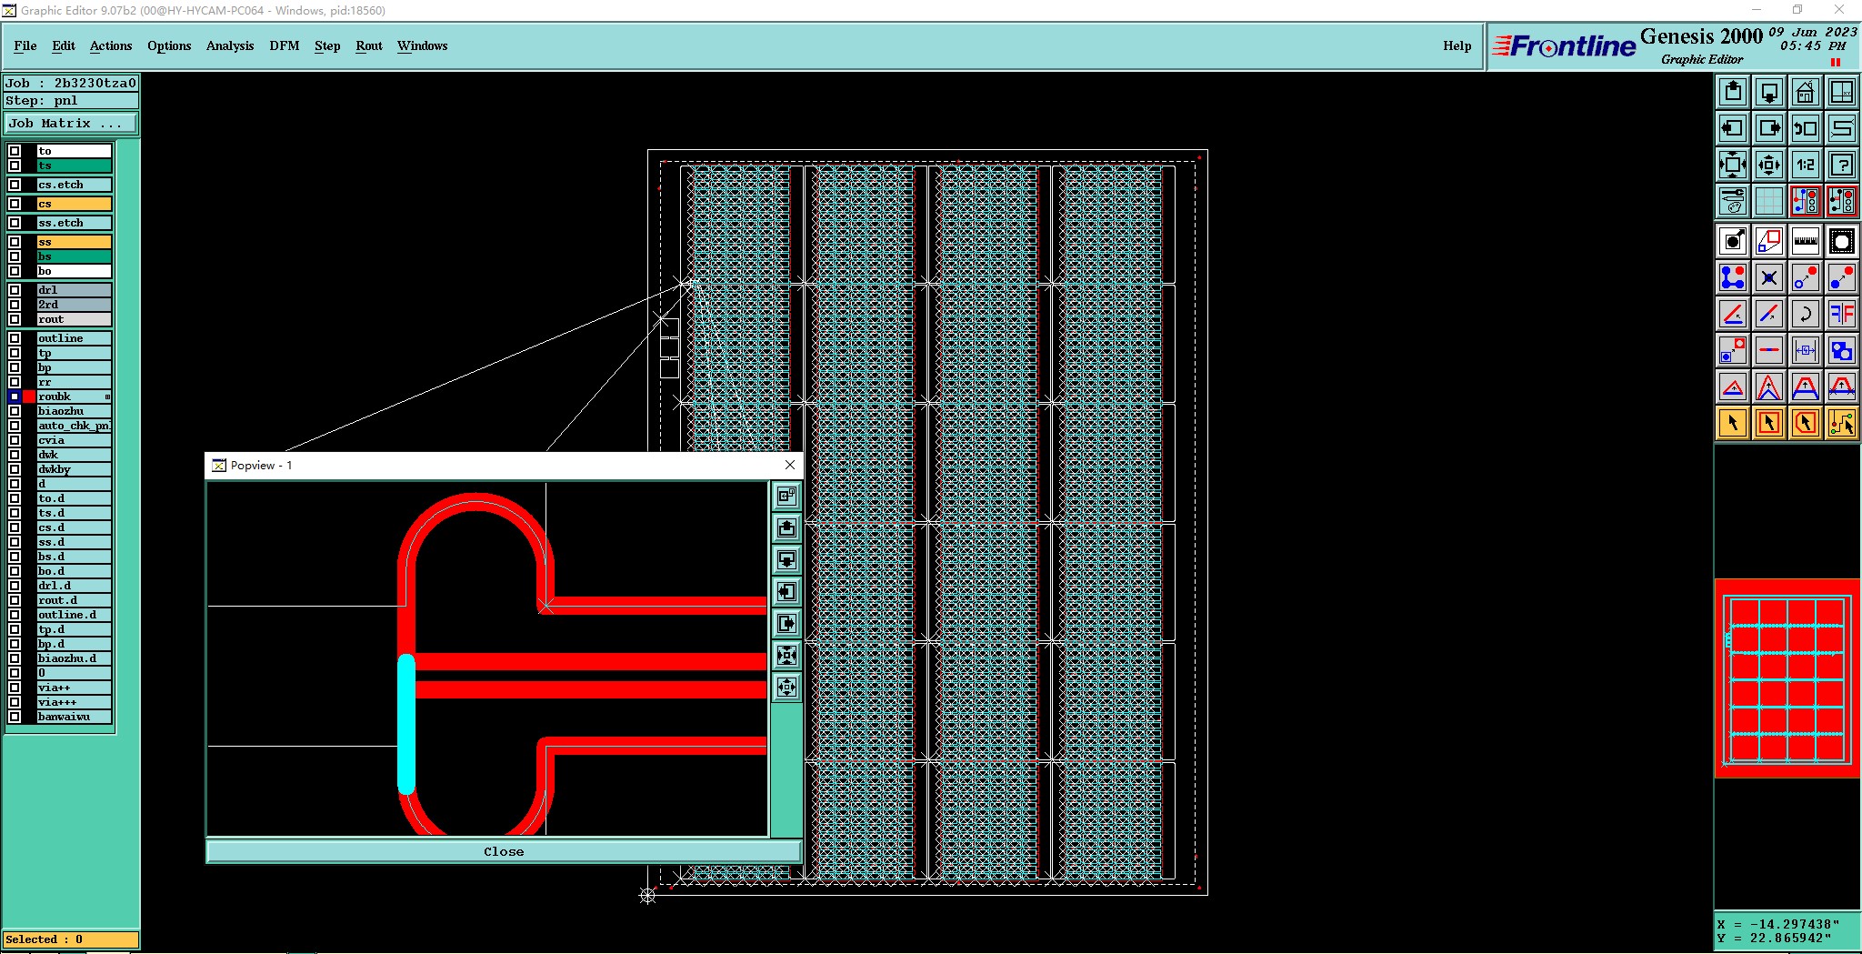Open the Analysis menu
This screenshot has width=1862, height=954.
229,45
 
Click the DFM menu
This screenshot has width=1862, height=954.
284,45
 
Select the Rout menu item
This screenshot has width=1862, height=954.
368,45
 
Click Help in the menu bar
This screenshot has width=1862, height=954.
1456,45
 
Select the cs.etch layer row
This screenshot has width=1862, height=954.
73,185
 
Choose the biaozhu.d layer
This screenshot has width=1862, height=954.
73,658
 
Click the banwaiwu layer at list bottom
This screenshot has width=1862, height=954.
73,717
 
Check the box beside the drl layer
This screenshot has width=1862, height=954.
15,290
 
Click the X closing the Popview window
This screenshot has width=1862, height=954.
790,465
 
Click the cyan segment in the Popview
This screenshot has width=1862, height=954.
406,723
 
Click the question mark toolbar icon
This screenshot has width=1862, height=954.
1841,165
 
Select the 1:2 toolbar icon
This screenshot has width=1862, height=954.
1805,165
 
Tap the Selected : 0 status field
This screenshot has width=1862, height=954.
71,939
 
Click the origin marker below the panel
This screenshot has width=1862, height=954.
647,896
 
